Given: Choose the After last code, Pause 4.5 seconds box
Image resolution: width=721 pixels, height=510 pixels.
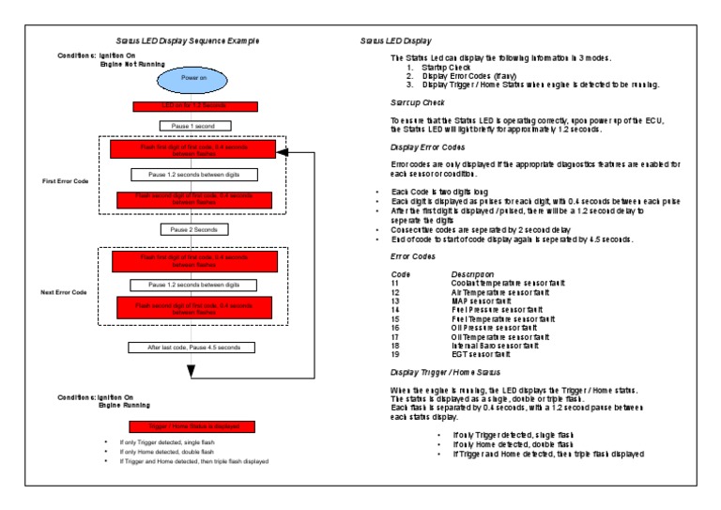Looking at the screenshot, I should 194,348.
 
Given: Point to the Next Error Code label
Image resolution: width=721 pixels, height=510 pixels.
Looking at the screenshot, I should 64,292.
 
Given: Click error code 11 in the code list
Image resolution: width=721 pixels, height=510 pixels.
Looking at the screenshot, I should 394,283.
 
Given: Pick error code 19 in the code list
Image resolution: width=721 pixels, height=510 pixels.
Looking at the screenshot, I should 394,354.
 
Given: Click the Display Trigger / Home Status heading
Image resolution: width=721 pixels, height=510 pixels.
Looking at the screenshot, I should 450,373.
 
